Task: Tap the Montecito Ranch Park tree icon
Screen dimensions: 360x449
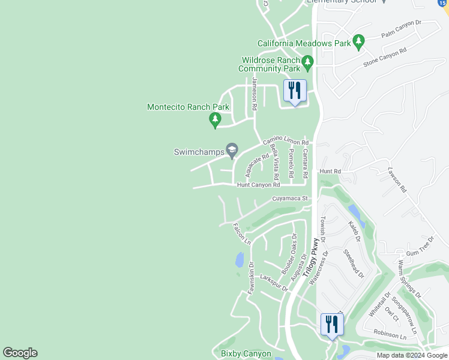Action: (x=215, y=120)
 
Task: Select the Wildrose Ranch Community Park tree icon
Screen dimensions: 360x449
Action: (x=308, y=62)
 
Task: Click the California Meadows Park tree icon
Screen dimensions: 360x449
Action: (x=359, y=41)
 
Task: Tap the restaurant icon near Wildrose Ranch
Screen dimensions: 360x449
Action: (x=295, y=92)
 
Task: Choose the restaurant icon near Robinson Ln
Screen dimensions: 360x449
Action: (x=331, y=325)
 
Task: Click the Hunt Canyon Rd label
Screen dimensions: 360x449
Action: (x=258, y=185)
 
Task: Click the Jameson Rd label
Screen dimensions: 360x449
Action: (x=255, y=94)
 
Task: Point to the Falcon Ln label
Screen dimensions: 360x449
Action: (x=241, y=233)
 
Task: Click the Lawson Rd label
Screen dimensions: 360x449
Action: (x=397, y=179)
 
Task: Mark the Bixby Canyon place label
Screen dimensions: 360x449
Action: (x=246, y=354)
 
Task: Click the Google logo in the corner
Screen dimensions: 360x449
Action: (x=20, y=353)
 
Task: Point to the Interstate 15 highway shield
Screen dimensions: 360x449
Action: (x=443, y=3)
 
